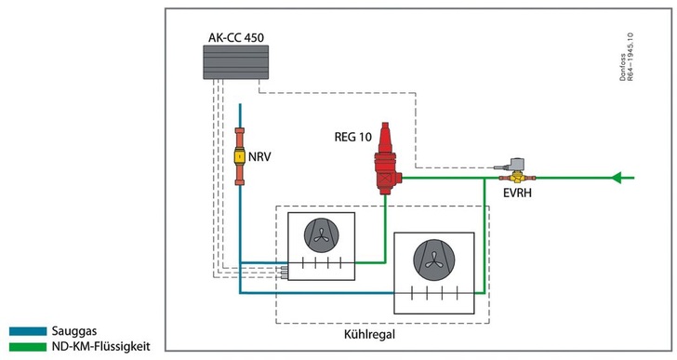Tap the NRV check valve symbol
240,157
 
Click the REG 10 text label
352,137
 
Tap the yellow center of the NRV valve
240,157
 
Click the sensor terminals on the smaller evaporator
283,271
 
